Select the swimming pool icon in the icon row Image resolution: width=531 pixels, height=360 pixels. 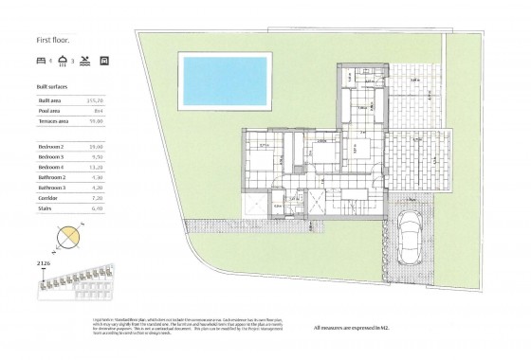[85, 61]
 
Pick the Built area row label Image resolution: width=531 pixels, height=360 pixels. [50, 99]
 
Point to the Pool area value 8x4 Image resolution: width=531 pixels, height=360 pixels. [94, 109]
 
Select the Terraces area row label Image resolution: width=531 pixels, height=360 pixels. [53, 119]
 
